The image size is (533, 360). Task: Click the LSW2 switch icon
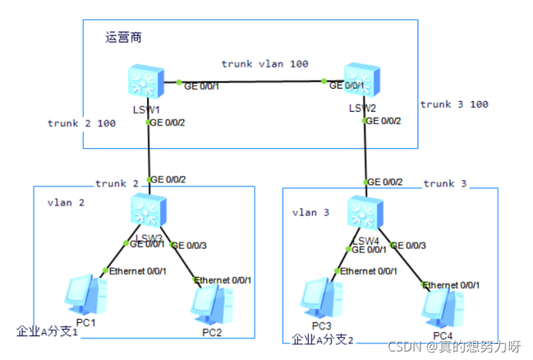click(362, 82)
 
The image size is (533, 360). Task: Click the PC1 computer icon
click(84, 296)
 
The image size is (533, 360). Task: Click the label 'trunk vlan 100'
click(265, 63)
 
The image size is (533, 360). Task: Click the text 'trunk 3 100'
click(454, 104)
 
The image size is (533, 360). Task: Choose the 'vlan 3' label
click(310, 211)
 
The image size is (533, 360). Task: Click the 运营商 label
click(123, 37)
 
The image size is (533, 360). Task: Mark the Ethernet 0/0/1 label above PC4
click(453, 285)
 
